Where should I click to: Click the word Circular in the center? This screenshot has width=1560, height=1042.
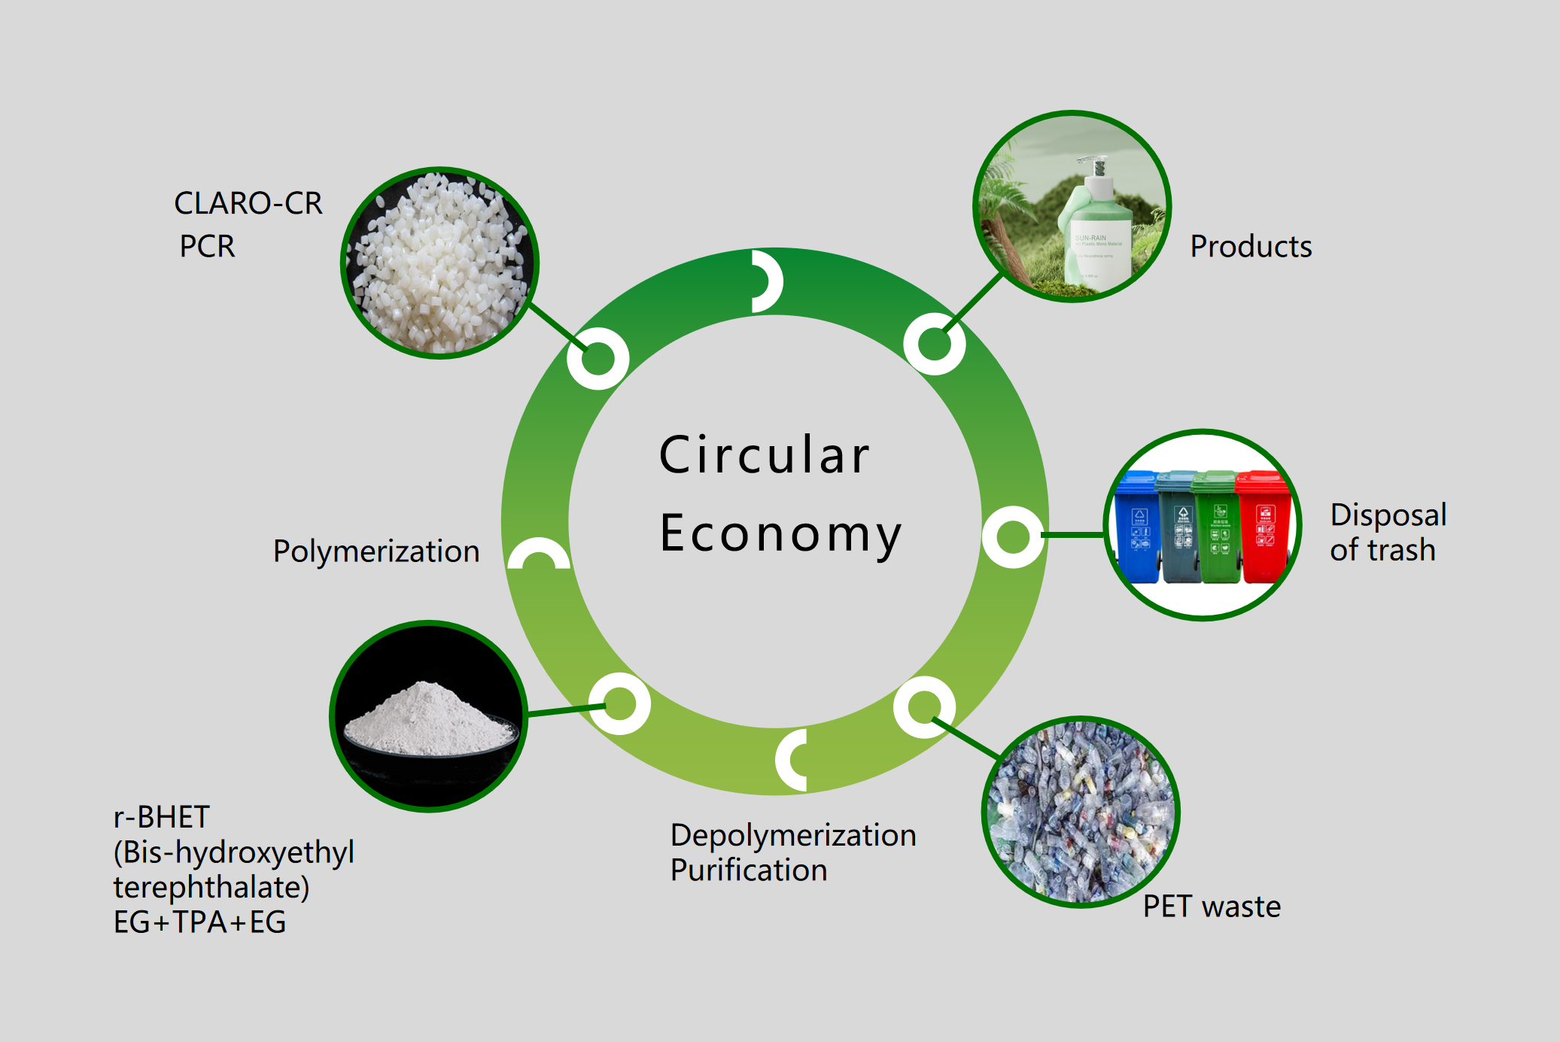click(765, 455)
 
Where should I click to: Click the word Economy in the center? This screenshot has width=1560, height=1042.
click(780, 533)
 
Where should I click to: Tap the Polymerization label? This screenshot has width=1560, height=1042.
click(376, 551)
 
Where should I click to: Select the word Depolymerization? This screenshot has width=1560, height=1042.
click(793, 835)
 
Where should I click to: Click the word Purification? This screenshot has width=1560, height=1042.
click(749, 870)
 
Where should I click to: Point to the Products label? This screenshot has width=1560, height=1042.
click(1251, 247)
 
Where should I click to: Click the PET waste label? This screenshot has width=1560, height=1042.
click(1212, 907)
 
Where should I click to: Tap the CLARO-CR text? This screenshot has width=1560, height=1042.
click(248, 203)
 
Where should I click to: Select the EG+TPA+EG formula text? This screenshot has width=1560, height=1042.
click(199, 922)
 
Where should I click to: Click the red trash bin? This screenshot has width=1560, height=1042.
click(1264, 527)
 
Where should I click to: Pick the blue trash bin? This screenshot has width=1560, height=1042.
click(1137, 527)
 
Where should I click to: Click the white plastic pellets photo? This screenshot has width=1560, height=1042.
click(440, 263)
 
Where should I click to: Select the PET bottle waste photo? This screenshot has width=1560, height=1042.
click(1081, 812)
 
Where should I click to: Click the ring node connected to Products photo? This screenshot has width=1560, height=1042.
click(934, 344)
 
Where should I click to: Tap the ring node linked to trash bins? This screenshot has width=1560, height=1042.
click(1012, 536)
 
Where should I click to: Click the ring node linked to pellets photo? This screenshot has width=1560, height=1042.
click(598, 358)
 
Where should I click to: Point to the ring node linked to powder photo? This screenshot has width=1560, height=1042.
click(619, 703)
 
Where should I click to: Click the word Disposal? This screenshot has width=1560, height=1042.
click(1388, 515)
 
